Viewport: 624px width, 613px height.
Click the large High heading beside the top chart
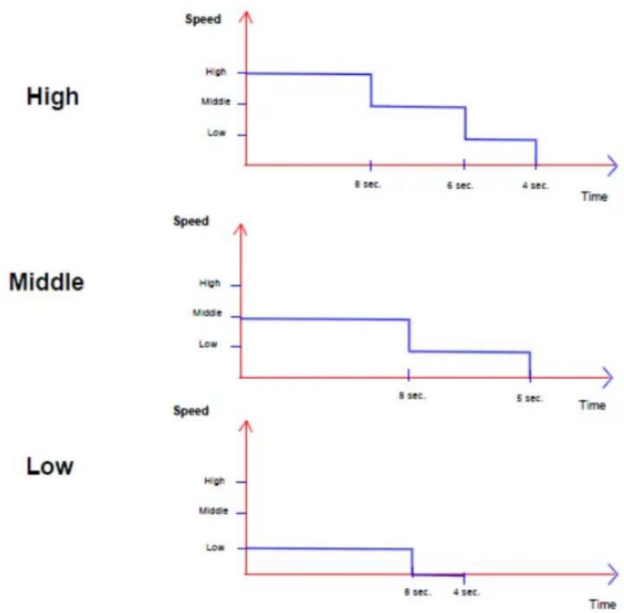pyautogui.click(x=53, y=97)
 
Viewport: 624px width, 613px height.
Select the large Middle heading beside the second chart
pyautogui.click(x=47, y=282)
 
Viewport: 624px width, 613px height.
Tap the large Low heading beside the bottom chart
pyautogui.click(x=50, y=466)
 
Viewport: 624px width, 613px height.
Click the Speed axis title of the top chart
pyautogui.click(x=203, y=19)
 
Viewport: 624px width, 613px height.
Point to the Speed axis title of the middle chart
pyautogui.click(x=191, y=221)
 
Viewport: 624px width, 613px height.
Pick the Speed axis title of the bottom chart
pyautogui.click(x=191, y=411)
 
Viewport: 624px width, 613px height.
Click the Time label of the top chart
pyautogui.click(x=594, y=197)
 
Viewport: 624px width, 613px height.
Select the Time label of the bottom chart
pyautogui.click(x=603, y=605)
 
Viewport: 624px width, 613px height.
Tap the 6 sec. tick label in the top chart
pyautogui.click(x=460, y=186)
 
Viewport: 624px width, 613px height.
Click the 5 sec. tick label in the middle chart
pyautogui.click(x=530, y=398)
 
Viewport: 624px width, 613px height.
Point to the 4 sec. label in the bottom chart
pyautogui.click(x=466, y=592)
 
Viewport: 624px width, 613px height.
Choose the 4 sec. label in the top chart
pyautogui.click(x=535, y=186)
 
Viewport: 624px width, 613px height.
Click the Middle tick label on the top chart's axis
pyautogui.click(x=216, y=101)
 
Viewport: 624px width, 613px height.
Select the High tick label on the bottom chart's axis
pyautogui.click(x=215, y=481)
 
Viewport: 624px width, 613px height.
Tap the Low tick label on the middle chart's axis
pyautogui.click(x=208, y=344)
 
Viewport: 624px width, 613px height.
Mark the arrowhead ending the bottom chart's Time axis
pyautogui.click(x=613, y=574)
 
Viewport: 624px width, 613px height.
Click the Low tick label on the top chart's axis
pyautogui.click(x=217, y=132)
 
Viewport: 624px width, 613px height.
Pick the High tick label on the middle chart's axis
pyautogui.click(x=210, y=283)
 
